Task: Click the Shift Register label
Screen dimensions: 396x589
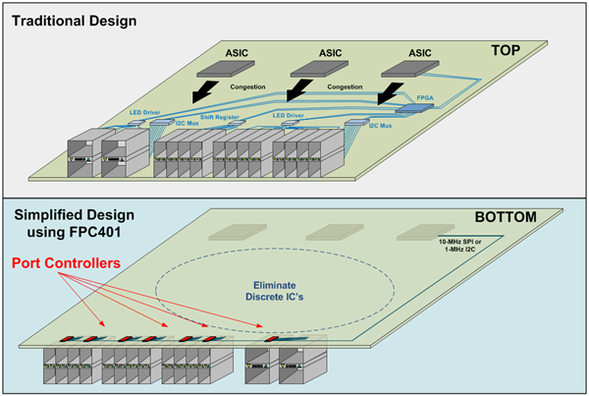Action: pos(220,116)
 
